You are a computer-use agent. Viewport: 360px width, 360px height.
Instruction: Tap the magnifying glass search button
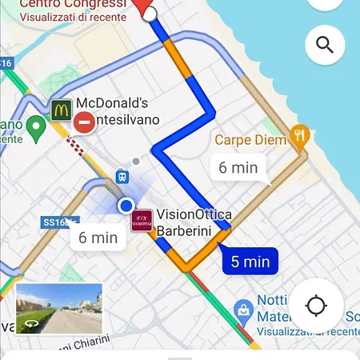click(x=325, y=45)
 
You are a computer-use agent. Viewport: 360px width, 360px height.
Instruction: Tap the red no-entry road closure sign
click(x=84, y=122)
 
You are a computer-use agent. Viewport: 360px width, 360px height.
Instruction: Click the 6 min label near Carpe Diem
click(x=238, y=168)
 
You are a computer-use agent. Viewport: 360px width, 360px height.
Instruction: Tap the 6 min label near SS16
click(x=98, y=238)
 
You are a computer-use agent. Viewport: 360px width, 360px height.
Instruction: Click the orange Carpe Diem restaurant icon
click(x=300, y=138)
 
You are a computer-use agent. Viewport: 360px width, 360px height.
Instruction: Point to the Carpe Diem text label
click(x=250, y=141)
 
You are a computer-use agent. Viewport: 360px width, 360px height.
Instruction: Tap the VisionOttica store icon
click(x=142, y=221)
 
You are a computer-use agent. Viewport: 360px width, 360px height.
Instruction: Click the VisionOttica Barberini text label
click(x=194, y=222)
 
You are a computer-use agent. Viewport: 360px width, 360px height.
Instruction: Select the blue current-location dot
click(x=126, y=206)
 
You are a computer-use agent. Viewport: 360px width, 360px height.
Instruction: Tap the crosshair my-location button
click(x=316, y=306)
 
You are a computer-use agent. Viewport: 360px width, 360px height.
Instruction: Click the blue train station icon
click(x=121, y=175)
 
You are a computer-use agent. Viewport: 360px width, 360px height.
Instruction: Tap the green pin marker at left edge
click(x=35, y=126)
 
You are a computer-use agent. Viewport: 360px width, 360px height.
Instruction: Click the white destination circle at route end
click(x=150, y=14)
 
